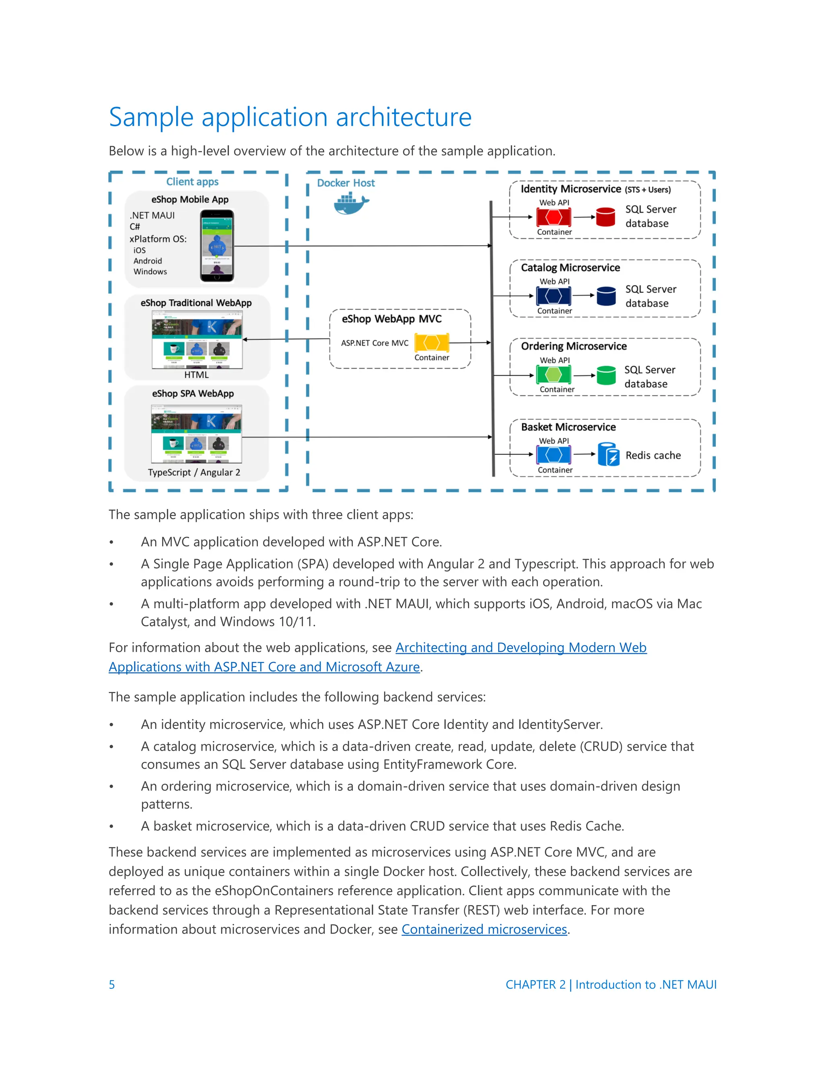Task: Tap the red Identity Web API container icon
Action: [x=553, y=217]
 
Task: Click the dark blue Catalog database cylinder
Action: [x=606, y=296]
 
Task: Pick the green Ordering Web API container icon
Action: [x=553, y=375]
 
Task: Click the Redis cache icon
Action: [x=608, y=455]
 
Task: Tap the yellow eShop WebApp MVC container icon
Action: [x=432, y=343]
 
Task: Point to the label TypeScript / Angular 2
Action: [x=194, y=473]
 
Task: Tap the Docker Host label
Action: [x=346, y=183]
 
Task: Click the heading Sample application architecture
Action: [x=290, y=117]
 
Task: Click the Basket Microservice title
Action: [x=568, y=427]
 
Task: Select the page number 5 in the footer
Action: [x=112, y=984]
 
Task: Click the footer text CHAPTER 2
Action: [x=535, y=984]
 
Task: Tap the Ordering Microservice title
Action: [x=574, y=346]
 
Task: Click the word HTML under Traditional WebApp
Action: [x=196, y=375]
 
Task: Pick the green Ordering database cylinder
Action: [x=606, y=375]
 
